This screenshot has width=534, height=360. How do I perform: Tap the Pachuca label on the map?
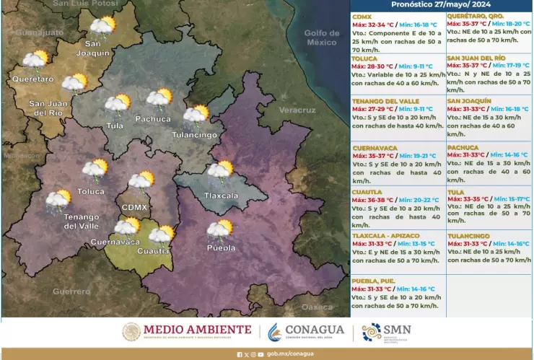[152, 118]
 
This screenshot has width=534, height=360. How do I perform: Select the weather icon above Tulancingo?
[196, 115]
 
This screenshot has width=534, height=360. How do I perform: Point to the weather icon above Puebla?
[220, 230]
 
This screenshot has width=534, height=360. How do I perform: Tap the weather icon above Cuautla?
[162, 234]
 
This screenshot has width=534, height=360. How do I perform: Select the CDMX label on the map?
[135, 207]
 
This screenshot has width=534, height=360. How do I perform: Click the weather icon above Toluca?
[95, 170]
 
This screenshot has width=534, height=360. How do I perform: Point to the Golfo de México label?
[321, 38]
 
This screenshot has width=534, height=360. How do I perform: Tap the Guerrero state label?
[71, 291]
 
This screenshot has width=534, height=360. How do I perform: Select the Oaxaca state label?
[318, 307]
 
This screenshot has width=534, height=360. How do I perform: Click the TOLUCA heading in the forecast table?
[367, 57]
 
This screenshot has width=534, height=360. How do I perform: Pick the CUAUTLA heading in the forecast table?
[368, 193]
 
